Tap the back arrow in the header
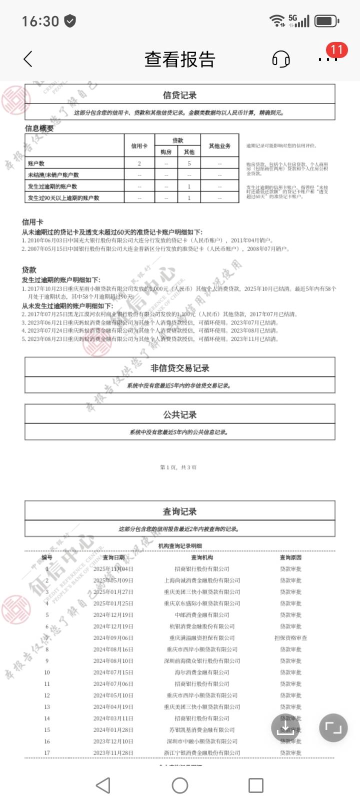[x=28, y=59]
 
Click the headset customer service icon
[x=281, y=59]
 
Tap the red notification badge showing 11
[x=336, y=49]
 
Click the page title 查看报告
[x=179, y=59]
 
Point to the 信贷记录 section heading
[x=179, y=95]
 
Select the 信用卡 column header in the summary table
[x=139, y=146]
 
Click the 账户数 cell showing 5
[x=189, y=163]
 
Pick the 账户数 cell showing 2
[x=139, y=163]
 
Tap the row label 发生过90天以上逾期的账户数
[x=63, y=198]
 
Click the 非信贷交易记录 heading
[x=179, y=368]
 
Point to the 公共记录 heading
[x=179, y=414]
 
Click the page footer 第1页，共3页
[x=178, y=467]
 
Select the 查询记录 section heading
[x=179, y=511]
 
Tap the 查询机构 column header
[x=202, y=557]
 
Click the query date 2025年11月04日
[x=113, y=569]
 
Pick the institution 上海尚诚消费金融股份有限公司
[x=202, y=580]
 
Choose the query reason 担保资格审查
[x=290, y=638]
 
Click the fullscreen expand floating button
[x=333, y=727]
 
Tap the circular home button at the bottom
[x=180, y=785]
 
